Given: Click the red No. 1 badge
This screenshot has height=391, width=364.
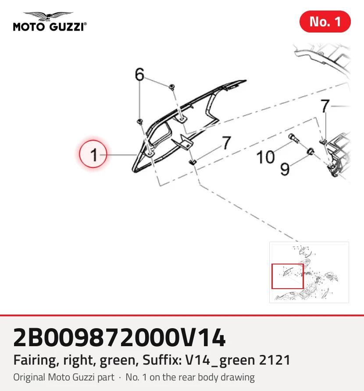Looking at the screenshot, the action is click(x=325, y=22).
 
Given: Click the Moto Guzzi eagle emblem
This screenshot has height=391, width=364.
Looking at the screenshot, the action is click(x=49, y=16).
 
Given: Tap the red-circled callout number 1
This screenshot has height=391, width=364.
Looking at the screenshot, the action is click(x=93, y=154).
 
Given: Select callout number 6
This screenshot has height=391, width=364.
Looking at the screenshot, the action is click(x=139, y=74).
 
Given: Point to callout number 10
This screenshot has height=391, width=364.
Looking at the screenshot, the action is click(x=265, y=157).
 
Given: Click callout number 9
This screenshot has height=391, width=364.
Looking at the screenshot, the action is click(x=285, y=169).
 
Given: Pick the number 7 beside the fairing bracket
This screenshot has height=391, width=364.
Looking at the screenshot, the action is click(x=226, y=143).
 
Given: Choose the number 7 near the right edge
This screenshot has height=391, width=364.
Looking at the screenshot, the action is click(x=325, y=106).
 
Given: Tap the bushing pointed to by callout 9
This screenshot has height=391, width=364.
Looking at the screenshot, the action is click(x=310, y=152).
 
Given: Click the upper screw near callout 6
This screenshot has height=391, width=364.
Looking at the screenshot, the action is click(x=172, y=87).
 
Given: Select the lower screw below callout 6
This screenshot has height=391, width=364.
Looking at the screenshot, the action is click(x=140, y=121).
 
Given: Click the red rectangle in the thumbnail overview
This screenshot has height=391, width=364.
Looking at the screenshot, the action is click(x=288, y=276).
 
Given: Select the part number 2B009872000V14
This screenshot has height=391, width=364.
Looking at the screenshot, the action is click(x=120, y=337).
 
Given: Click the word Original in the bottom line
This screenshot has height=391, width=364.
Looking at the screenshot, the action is click(x=29, y=377).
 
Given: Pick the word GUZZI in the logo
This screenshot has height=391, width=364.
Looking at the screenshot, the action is click(x=67, y=27).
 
